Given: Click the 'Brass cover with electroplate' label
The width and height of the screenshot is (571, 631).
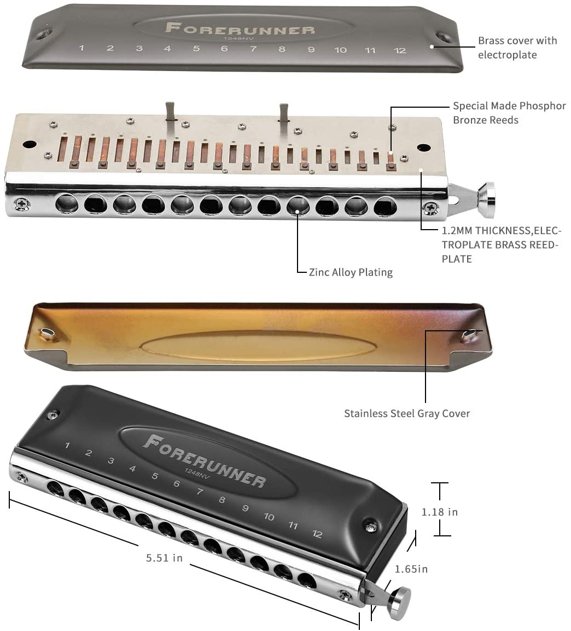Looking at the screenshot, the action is click(517, 48).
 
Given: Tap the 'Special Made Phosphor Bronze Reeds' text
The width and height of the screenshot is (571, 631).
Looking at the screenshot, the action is click(509, 113).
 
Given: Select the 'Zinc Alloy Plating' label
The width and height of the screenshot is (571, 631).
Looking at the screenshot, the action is click(351, 272).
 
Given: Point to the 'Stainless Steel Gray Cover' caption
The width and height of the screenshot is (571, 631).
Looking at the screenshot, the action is click(407, 413).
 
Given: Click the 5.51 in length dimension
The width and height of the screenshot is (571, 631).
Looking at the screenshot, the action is click(164, 558).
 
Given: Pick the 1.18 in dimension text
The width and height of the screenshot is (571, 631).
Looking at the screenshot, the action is click(439, 512).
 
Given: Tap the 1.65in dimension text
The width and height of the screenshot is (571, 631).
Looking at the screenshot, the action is click(411, 569).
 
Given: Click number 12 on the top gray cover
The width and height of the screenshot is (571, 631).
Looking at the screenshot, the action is click(400, 50).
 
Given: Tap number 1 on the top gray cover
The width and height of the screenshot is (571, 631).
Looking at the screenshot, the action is click(81, 48).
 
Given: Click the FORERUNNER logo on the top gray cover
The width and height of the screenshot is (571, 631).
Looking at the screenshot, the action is click(240, 28).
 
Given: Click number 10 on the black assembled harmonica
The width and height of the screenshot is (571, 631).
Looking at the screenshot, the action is click(269, 516).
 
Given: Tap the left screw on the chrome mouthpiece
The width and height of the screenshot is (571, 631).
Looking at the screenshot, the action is click(22, 204).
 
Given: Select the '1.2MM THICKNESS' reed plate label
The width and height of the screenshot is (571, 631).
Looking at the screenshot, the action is click(500, 244).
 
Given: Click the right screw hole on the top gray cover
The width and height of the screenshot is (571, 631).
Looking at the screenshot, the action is click(444, 38).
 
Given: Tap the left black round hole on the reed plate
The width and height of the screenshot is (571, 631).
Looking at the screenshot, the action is click(28, 144).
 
